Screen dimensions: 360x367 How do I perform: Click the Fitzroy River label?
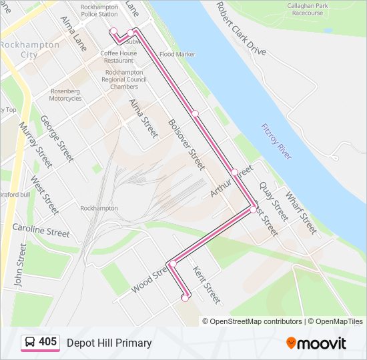(277, 141)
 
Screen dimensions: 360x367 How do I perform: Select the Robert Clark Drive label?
(240, 29)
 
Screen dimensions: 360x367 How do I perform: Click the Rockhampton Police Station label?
(99, 10)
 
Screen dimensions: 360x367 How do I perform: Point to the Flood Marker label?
(177, 54)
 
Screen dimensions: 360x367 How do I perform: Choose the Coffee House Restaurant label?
(118, 57)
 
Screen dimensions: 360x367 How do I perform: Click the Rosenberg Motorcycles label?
(65, 95)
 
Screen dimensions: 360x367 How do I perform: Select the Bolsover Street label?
(186, 143)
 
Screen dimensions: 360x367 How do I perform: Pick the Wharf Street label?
(300, 212)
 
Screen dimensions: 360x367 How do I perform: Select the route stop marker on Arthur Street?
(235, 172)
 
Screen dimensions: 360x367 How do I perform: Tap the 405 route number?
(47, 342)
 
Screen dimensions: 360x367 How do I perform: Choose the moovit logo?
(316, 343)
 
